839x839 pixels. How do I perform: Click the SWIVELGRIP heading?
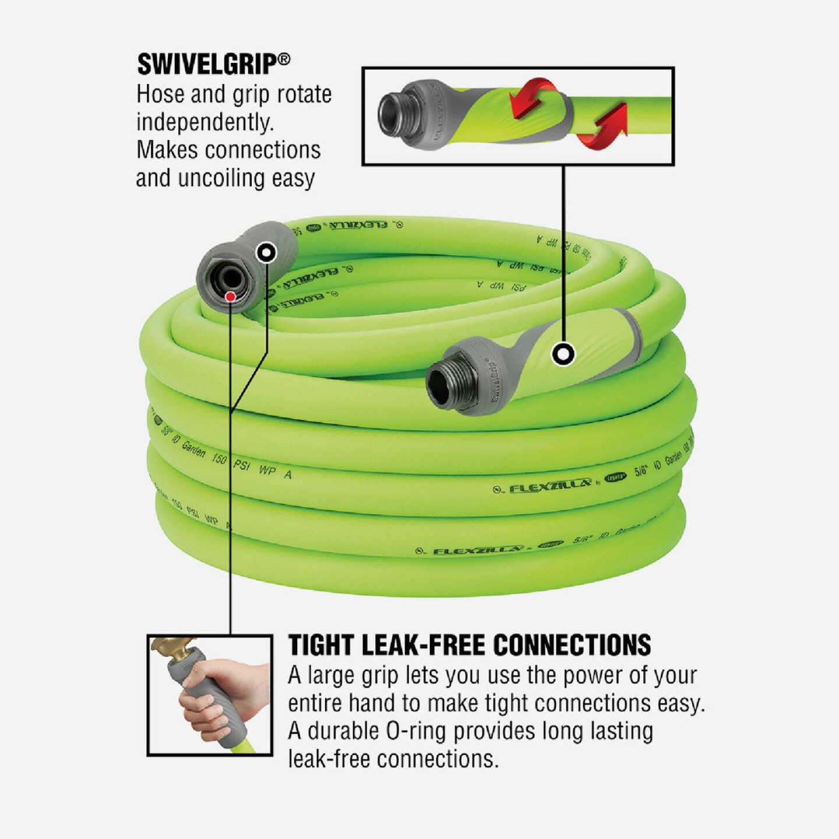(x=206, y=64)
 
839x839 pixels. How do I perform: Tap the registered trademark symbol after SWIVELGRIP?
(x=284, y=59)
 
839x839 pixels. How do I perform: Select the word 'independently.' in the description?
(x=205, y=122)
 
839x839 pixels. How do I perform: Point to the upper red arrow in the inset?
(x=533, y=96)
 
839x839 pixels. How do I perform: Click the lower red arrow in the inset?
(x=603, y=128)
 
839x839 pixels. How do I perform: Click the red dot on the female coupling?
(x=230, y=297)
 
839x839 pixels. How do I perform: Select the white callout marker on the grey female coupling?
(x=267, y=253)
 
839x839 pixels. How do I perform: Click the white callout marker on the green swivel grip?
(x=563, y=354)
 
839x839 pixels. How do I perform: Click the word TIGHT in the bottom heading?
(x=320, y=646)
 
